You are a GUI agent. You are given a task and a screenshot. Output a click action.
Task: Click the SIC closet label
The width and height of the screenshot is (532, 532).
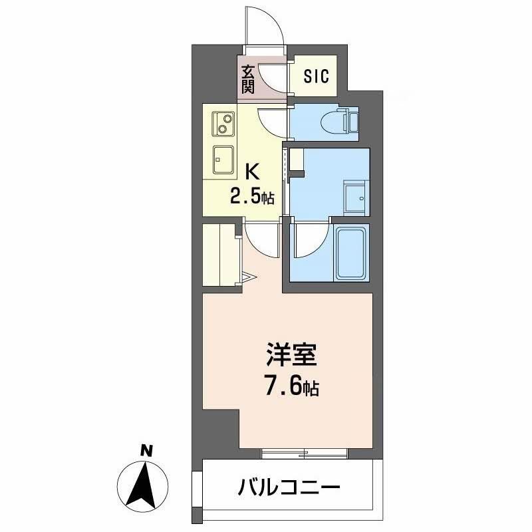pos(317,76)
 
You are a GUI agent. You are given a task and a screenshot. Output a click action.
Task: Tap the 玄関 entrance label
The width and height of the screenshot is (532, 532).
pos(247,78)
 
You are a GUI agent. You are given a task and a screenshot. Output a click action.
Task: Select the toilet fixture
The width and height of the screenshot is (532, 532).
pos(339,122)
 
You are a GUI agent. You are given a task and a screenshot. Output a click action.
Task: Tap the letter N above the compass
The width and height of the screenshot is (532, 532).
pos(144,452)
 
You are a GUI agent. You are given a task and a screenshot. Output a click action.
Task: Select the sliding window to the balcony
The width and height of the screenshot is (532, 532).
pos(305,454)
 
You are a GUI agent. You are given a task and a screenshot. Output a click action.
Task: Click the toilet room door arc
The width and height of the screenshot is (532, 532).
pos(273,120)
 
